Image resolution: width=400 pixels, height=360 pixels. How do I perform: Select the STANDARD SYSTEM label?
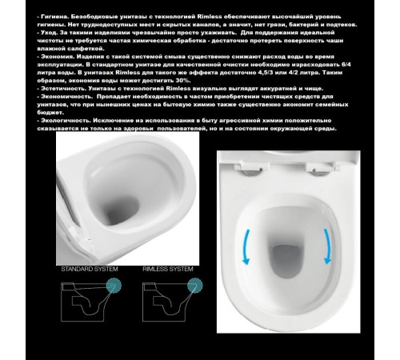90,270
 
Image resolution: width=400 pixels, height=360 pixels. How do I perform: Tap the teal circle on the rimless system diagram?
188,285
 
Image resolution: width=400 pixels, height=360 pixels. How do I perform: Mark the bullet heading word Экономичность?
63,95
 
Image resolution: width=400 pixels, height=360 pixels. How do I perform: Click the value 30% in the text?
197,80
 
